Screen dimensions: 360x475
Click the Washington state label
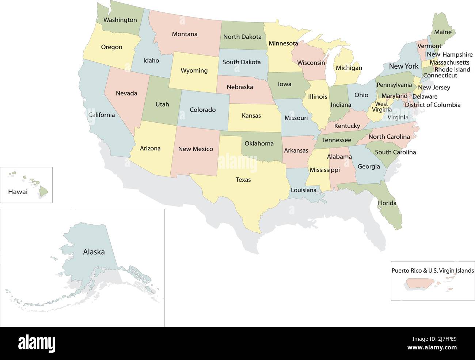point(120,20)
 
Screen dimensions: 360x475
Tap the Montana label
point(185,34)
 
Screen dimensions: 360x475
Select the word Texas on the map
point(243,180)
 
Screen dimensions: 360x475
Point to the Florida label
point(387,203)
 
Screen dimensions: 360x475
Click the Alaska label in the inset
point(94,252)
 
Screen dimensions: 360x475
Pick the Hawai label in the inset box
point(18,192)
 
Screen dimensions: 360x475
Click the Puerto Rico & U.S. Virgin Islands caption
point(433,271)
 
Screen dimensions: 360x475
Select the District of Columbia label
point(432,105)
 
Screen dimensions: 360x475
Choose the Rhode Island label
point(452,69)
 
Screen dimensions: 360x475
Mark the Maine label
point(442,32)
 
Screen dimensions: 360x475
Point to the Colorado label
point(202,110)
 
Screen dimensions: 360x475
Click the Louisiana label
point(304,190)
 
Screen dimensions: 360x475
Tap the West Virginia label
point(382,107)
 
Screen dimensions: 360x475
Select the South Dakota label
point(242,62)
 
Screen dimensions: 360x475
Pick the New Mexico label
point(195,149)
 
